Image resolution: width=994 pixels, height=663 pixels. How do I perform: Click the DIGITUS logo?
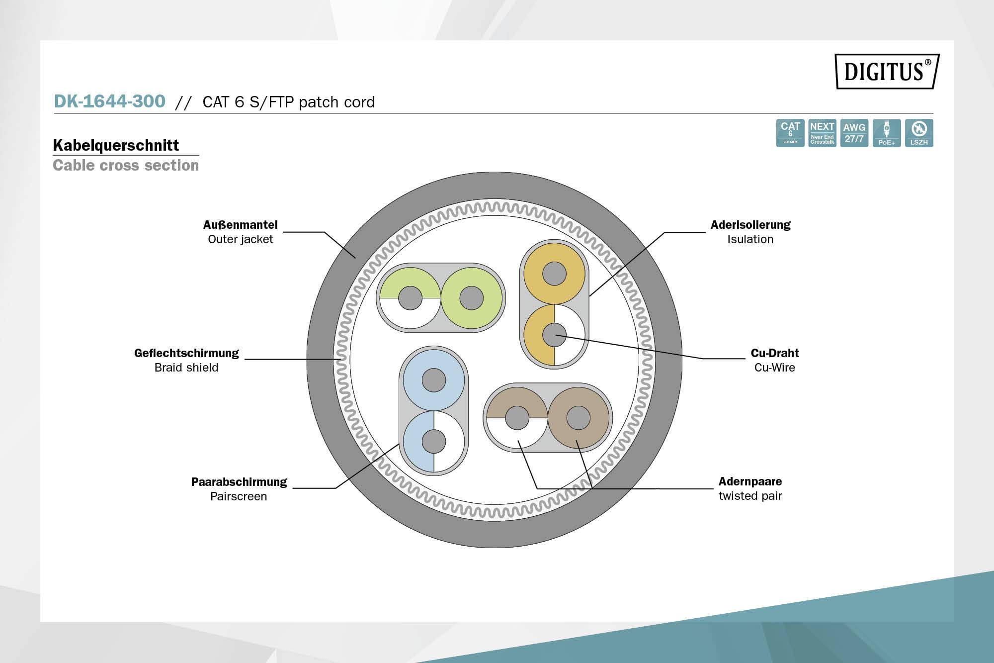click(887, 71)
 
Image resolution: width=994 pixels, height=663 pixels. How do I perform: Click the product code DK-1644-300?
click(109, 101)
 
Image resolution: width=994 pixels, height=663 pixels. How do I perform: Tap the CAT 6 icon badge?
click(790, 133)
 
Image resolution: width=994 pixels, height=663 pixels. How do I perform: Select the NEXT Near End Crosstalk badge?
click(822, 133)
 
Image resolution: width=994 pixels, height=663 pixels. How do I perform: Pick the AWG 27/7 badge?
click(854, 133)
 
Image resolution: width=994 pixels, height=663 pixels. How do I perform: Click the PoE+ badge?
click(886, 133)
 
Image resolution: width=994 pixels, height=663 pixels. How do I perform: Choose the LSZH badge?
click(918, 133)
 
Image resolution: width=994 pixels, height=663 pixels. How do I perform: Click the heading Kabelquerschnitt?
click(116, 145)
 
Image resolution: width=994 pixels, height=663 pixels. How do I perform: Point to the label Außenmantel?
click(240, 225)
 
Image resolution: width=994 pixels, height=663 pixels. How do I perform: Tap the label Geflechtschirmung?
click(186, 353)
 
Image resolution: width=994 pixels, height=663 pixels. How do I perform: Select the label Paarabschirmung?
click(239, 482)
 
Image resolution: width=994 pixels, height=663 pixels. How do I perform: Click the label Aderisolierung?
click(750, 225)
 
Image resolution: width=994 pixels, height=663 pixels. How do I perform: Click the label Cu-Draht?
click(774, 353)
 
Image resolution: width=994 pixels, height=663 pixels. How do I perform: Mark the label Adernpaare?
click(750, 481)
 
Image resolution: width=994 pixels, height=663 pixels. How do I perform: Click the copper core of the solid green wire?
click(471, 298)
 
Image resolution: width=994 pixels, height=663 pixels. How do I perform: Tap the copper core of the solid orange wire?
click(554, 274)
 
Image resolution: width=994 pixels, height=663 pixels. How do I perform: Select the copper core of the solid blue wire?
click(433, 380)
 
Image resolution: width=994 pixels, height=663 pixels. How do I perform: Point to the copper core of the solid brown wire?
click(578, 418)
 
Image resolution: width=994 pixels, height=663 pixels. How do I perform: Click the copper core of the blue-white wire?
click(433, 441)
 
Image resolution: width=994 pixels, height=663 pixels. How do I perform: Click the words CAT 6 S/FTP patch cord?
click(288, 102)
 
